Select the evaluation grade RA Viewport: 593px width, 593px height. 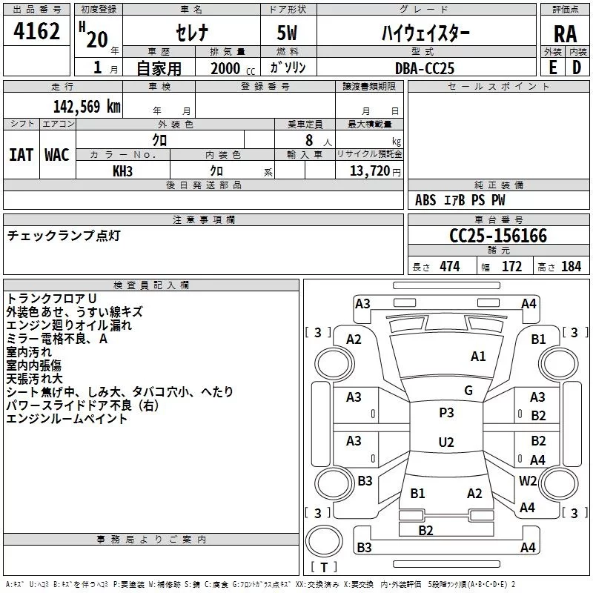tap(565, 34)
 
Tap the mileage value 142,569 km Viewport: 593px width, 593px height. tap(87, 106)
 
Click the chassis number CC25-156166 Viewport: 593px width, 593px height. tap(498, 236)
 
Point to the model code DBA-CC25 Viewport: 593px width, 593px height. tap(425, 67)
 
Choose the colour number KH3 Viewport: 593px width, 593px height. tap(122, 170)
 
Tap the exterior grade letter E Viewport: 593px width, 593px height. tap(552, 67)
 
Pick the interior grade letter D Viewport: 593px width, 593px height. tap(577, 67)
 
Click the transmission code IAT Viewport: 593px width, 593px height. tap(21, 154)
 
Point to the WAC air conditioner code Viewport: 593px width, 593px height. tap(57, 154)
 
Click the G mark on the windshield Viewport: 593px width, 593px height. tap(468, 391)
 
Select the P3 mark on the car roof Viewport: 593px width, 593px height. tap(446, 413)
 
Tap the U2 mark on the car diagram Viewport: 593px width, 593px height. tap(445, 443)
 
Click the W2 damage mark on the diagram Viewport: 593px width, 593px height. tap(528, 480)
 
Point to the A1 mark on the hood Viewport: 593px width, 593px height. tap(478, 357)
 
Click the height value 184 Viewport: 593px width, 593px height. tap(571, 266)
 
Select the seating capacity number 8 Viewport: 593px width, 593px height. tap(308, 140)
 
